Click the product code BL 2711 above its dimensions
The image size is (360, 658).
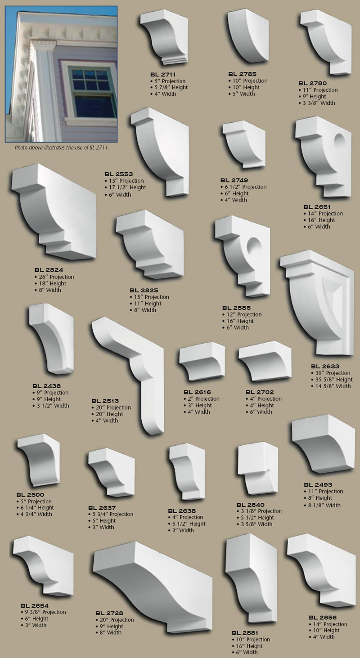coord(162,74)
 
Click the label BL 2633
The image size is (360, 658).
coord(324,366)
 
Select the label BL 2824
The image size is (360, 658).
coord(48,270)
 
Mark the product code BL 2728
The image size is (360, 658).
coord(109,613)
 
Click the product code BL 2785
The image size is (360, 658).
coord(242,74)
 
